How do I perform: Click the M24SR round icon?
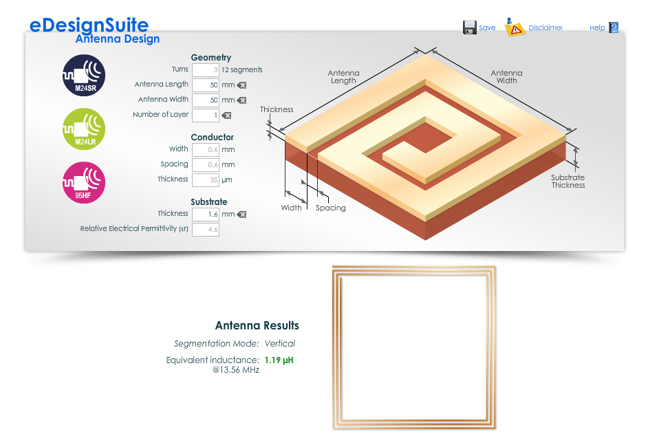coord(84,75)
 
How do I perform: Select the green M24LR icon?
coord(84,129)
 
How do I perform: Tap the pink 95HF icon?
coord(84,183)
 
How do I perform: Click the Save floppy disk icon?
coord(469,28)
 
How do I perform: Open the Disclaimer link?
coord(546,28)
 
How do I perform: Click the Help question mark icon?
coord(614,28)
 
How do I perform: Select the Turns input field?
coord(206,70)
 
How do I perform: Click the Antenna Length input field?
coord(206,85)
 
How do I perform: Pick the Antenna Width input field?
coord(206,100)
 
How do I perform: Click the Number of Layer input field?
coord(206,116)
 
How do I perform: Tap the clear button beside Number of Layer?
coord(226,116)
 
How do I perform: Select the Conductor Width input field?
coord(206,149)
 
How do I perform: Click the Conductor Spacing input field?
coord(206,165)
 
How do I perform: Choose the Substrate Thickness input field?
coord(206,215)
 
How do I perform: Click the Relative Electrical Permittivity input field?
coord(206,230)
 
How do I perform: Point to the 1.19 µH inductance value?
coord(279,360)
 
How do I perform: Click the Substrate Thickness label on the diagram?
coord(568,182)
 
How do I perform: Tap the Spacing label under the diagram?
coord(331,208)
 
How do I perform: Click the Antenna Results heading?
coord(257,325)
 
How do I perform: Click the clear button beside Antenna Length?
coord(241,85)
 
